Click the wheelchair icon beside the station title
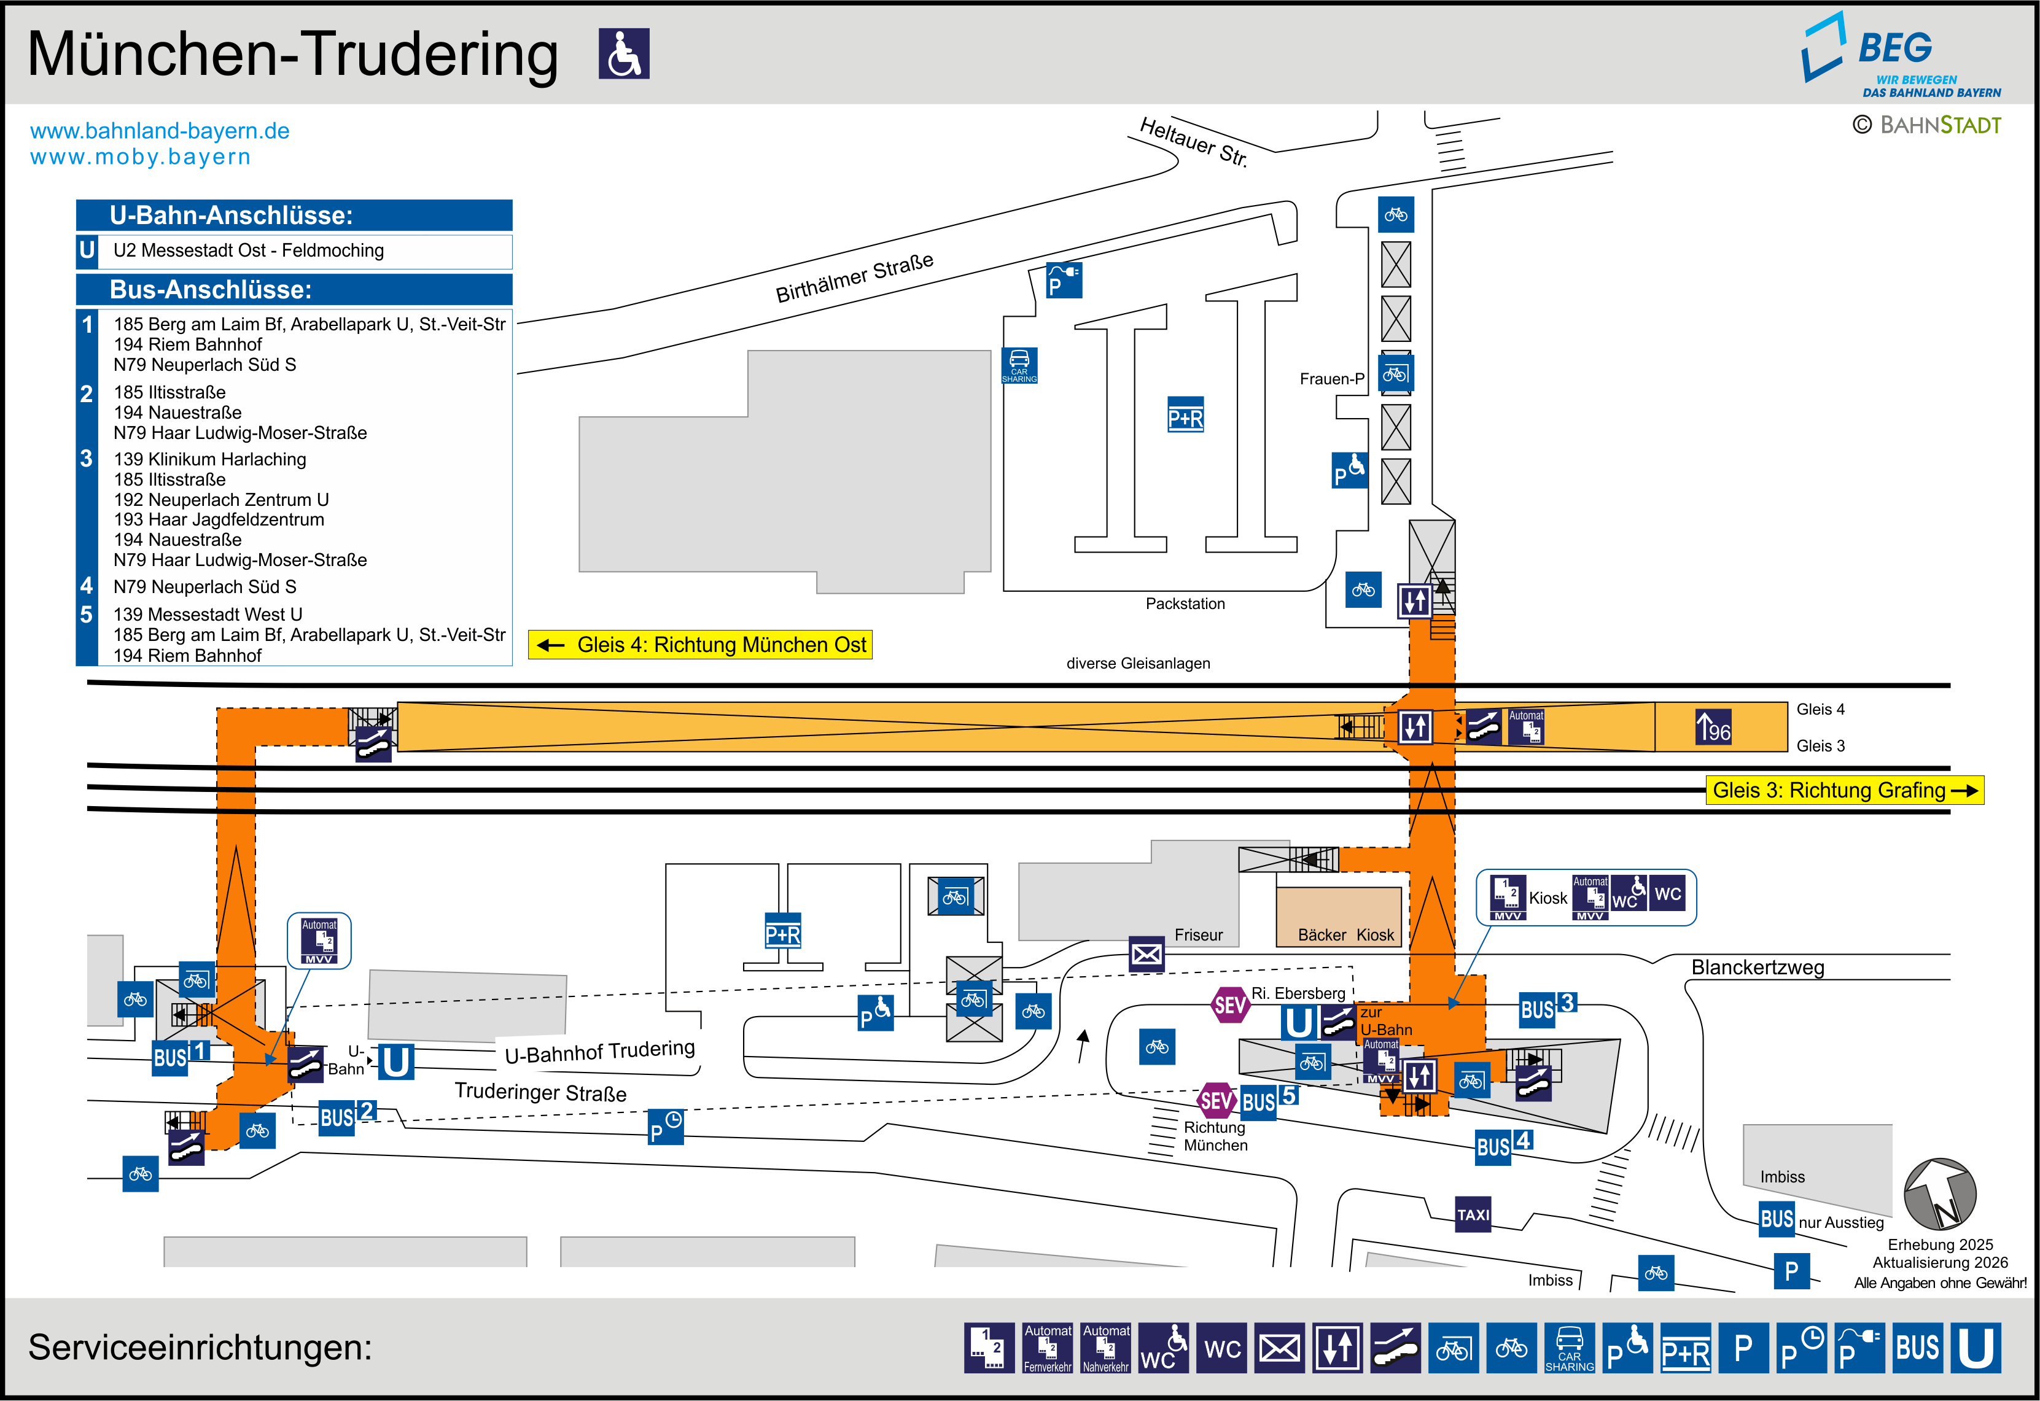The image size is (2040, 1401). point(624,53)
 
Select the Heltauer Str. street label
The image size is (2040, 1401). point(1194,141)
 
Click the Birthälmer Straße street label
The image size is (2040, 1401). point(854,277)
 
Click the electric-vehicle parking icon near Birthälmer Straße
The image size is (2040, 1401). point(1064,280)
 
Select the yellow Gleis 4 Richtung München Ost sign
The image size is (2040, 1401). point(699,644)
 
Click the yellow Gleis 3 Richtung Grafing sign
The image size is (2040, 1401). point(1843,790)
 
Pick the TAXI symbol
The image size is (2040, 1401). point(1473,1215)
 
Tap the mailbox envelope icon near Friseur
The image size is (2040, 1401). point(1147,954)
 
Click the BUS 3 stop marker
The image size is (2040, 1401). point(1548,1007)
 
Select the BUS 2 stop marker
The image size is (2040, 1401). point(348,1117)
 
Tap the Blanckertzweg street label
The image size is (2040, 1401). point(1758,968)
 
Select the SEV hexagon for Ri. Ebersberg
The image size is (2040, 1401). point(1230,1005)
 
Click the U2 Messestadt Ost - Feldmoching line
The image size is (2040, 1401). point(249,251)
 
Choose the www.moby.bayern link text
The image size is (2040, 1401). point(141,157)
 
